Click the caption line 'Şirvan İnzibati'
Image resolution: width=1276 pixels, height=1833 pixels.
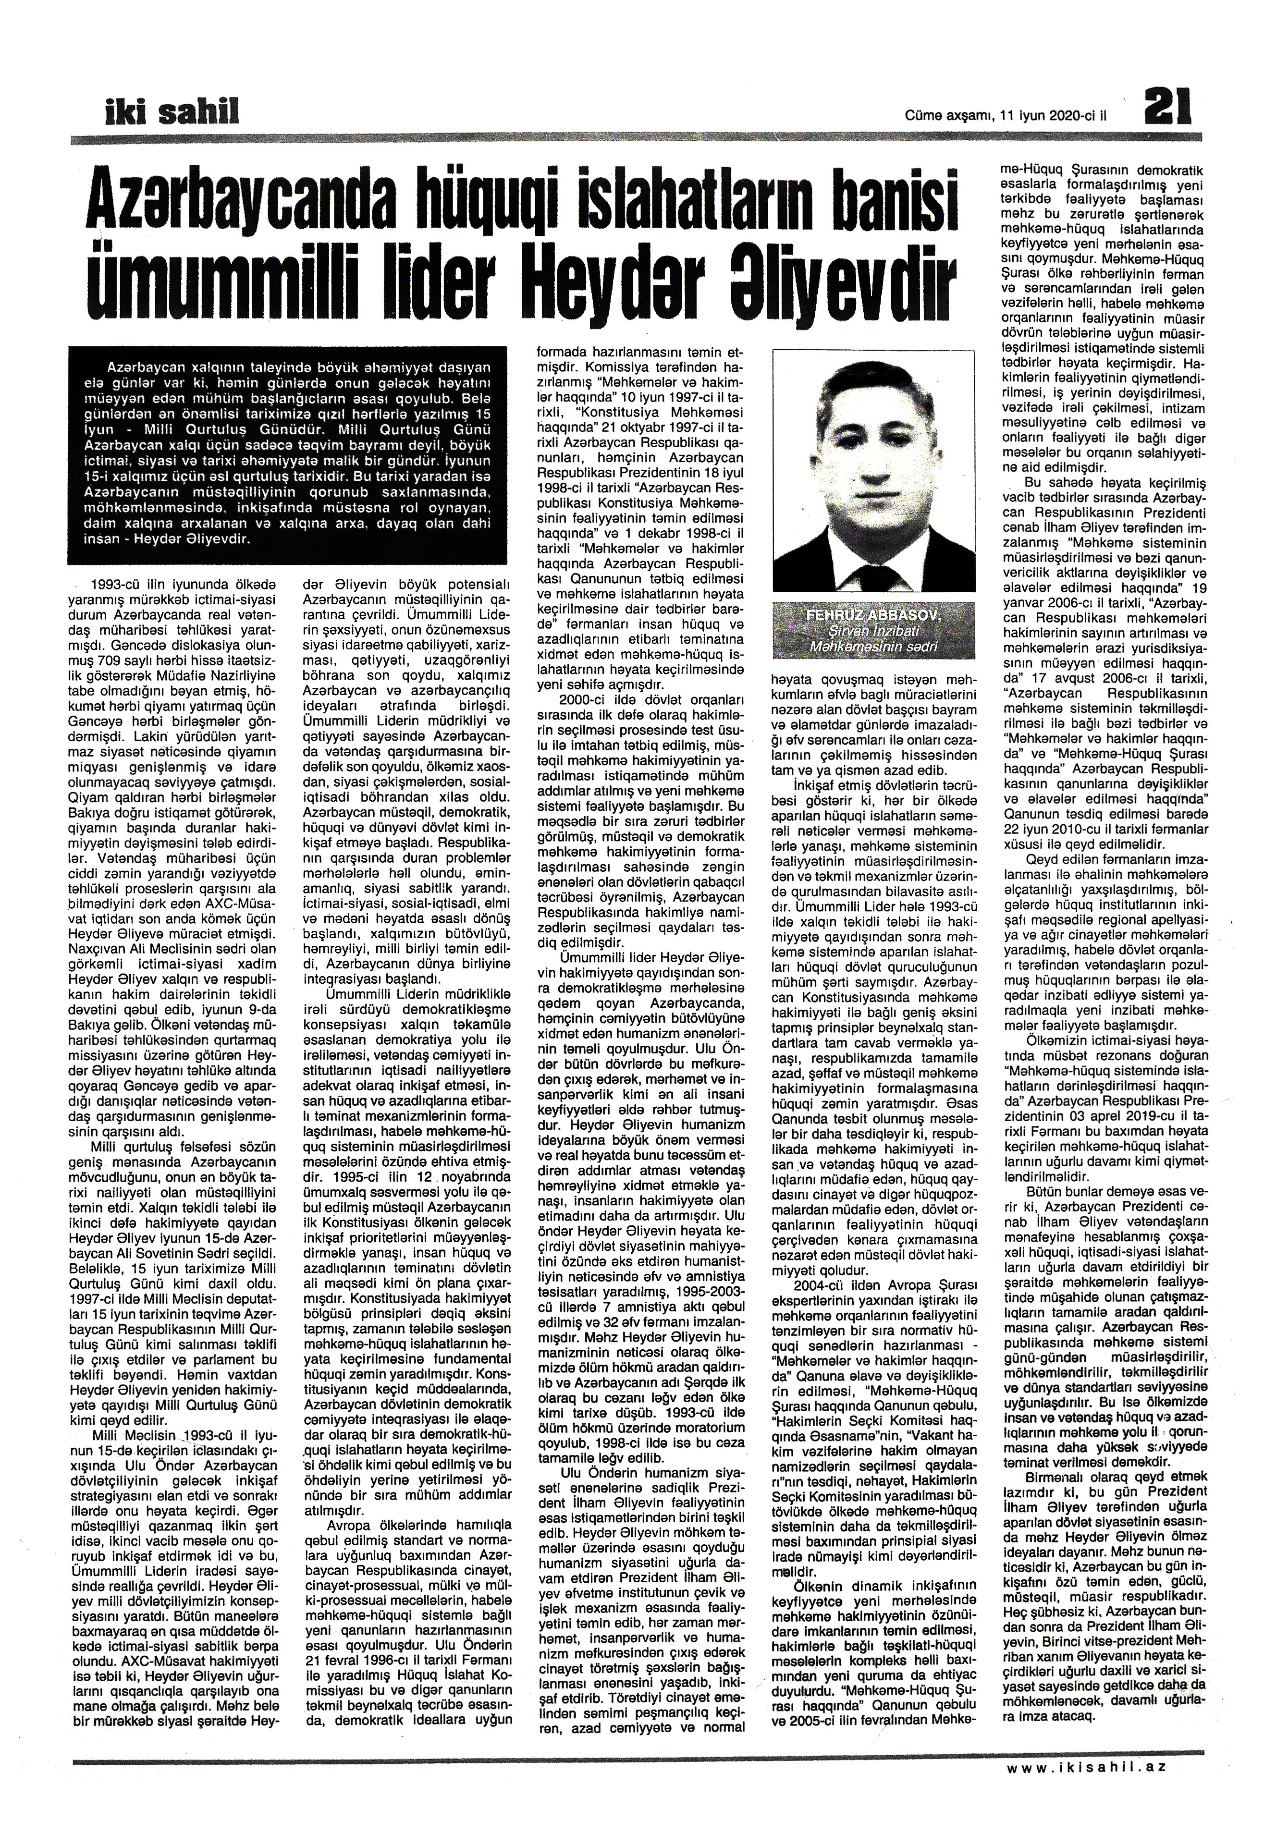pyautogui.click(x=875, y=630)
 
